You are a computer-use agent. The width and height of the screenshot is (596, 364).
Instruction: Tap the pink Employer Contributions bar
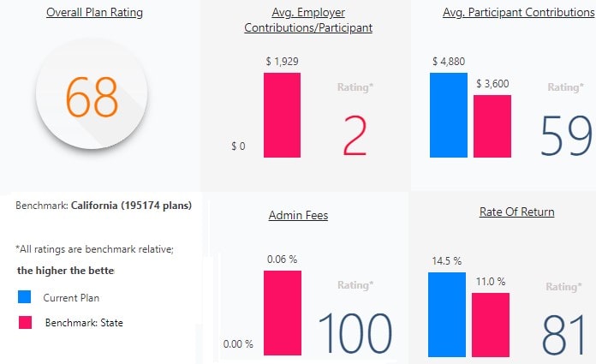click(x=282, y=115)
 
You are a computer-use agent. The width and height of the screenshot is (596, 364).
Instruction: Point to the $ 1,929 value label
click(x=283, y=61)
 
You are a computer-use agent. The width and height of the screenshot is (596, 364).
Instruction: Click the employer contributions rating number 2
click(x=355, y=134)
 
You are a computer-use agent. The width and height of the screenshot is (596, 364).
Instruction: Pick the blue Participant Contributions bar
click(x=449, y=115)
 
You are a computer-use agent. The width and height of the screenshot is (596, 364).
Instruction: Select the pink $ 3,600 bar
click(x=492, y=126)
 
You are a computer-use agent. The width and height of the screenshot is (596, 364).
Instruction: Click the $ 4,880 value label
click(x=449, y=61)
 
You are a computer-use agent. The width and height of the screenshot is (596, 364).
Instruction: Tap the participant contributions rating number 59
click(x=568, y=135)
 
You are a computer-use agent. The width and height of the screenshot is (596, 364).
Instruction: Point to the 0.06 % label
click(x=282, y=260)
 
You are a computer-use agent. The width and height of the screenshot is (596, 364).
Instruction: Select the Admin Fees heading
click(x=299, y=215)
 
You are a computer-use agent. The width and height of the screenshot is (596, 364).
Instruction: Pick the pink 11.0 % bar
click(x=491, y=325)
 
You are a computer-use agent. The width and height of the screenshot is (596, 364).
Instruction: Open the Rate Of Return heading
click(x=516, y=212)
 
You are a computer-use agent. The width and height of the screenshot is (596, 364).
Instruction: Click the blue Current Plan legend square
click(x=24, y=297)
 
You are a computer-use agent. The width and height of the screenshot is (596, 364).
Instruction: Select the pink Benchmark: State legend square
click(x=24, y=322)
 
